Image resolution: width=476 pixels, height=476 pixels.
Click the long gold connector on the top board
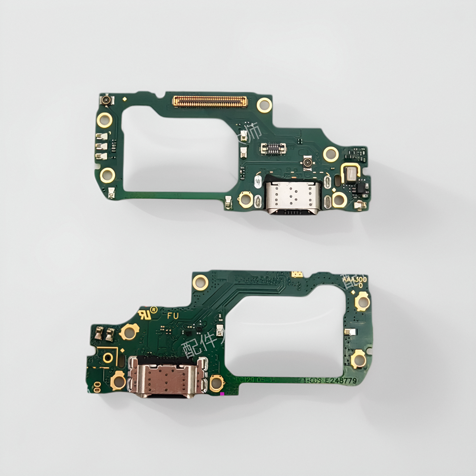click(209, 101)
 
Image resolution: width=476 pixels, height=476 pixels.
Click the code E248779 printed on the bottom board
click(340, 381)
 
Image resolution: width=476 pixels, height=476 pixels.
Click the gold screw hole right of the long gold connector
click(263, 105)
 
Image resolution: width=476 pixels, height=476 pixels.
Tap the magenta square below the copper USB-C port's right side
click(222, 394)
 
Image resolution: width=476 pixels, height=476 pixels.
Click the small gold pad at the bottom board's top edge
click(296, 274)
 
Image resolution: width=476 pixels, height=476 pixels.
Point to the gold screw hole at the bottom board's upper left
click(201, 282)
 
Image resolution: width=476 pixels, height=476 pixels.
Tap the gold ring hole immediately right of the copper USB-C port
click(217, 383)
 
